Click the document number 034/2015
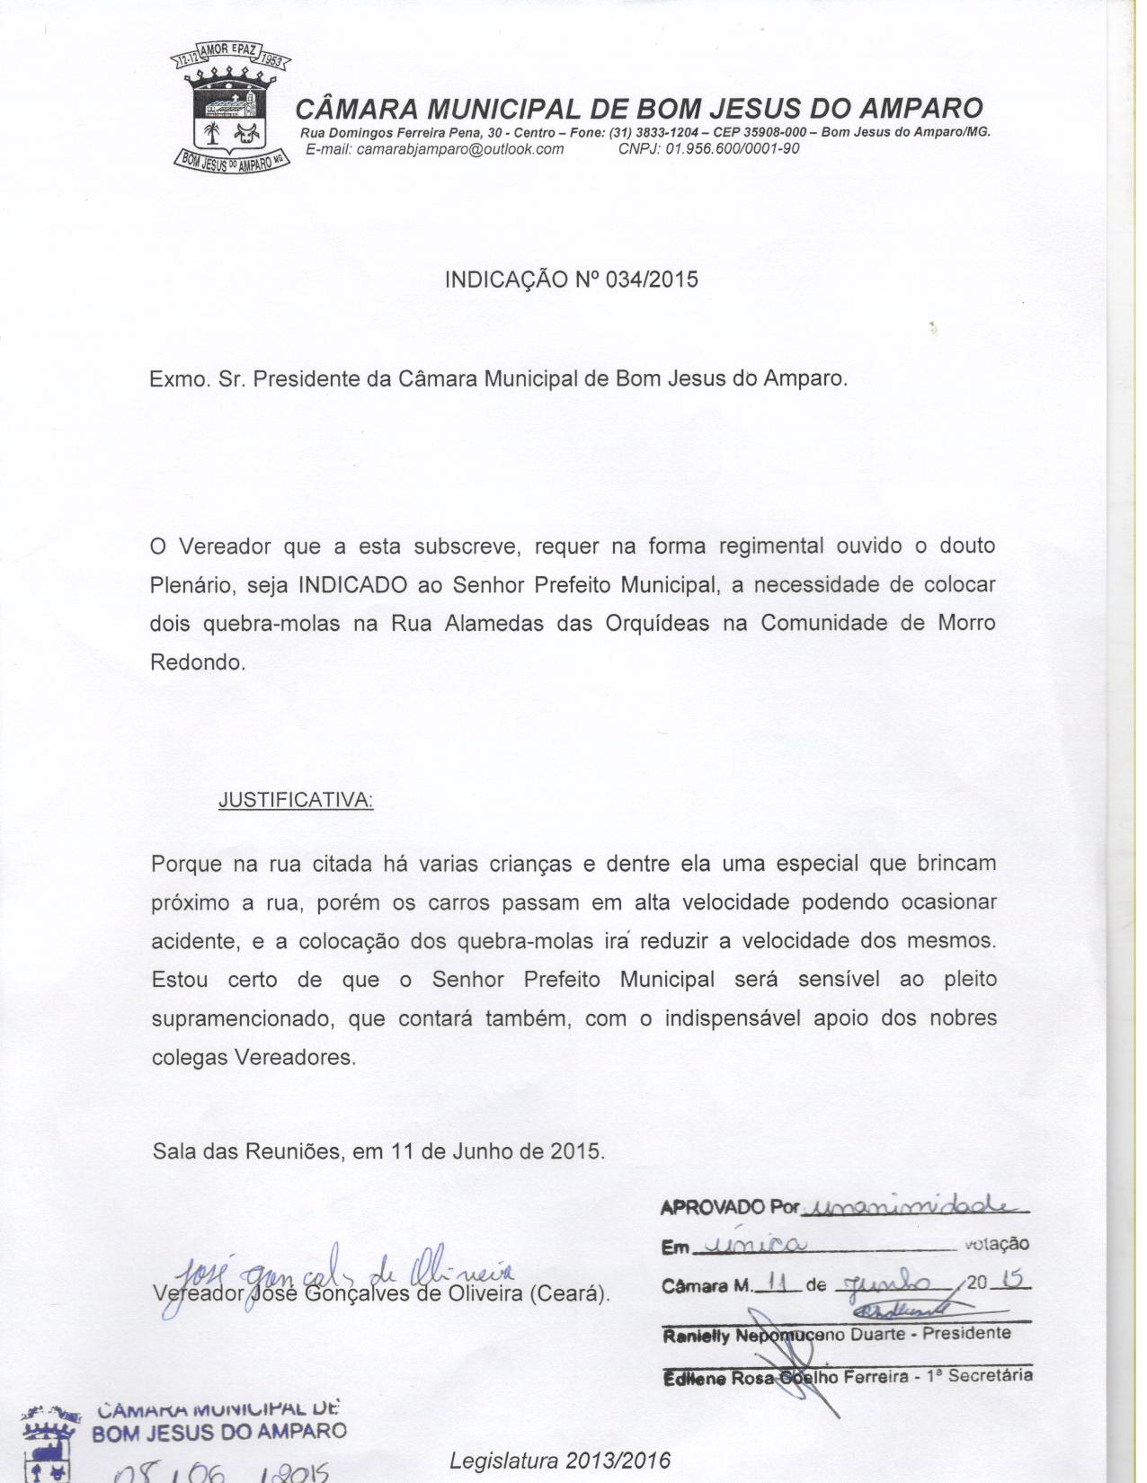[652, 279]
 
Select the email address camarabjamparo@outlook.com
[459, 149]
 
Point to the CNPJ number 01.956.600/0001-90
[732, 149]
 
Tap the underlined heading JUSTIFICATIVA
[296, 799]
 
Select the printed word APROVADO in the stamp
[713, 1207]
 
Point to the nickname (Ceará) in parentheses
[569, 1295]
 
